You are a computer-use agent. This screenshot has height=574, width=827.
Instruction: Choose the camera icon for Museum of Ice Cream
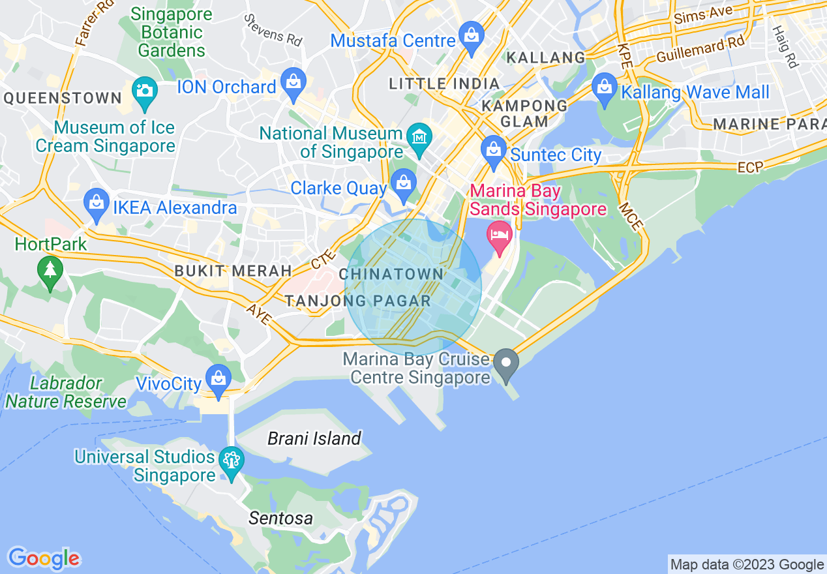(144, 90)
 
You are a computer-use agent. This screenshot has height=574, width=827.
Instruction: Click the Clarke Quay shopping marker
(403, 185)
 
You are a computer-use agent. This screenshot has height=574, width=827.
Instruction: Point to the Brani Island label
(314, 438)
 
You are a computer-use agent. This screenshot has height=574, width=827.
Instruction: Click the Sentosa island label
(280, 519)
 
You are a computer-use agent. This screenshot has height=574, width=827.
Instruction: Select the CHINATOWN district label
(391, 274)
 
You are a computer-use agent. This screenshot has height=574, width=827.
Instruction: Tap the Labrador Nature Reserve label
(66, 392)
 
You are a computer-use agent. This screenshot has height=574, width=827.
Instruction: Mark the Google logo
(44, 559)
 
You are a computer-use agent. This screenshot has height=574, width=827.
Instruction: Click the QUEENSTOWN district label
(63, 98)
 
